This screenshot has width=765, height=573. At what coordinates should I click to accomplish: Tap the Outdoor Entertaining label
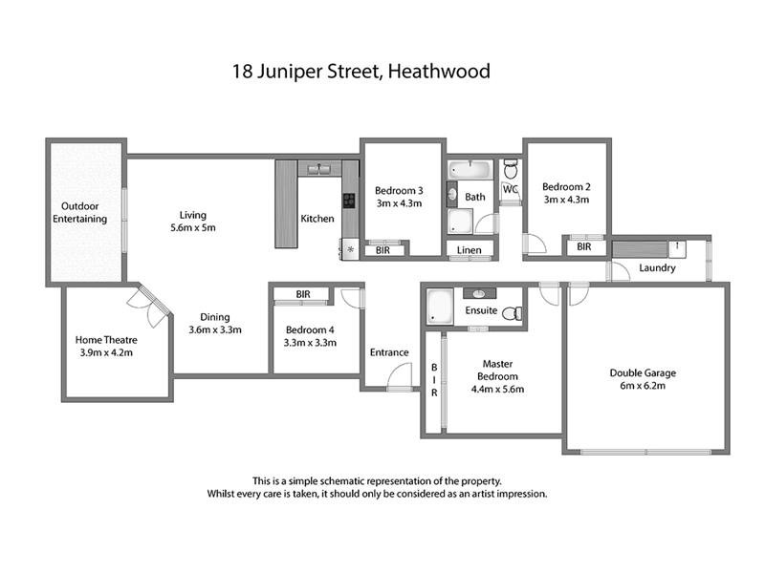click(x=84, y=212)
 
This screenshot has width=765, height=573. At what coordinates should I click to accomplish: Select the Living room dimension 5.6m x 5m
click(x=191, y=228)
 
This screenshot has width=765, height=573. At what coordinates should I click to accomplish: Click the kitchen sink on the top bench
click(x=317, y=169)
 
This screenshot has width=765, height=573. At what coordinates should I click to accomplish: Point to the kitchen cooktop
click(x=349, y=201)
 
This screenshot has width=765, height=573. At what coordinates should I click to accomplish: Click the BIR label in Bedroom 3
click(x=382, y=249)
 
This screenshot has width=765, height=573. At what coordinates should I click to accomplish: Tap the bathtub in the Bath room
click(x=469, y=171)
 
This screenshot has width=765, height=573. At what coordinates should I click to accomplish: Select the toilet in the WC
click(x=511, y=170)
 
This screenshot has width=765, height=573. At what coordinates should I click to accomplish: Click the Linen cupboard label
click(x=470, y=250)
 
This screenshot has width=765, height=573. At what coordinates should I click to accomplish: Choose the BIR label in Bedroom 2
click(x=584, y=246)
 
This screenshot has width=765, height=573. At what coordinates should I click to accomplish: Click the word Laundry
click(x=657, y=268)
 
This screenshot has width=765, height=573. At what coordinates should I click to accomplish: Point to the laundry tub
click(x=677, y=247)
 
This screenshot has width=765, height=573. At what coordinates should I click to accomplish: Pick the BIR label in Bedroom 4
click(x=303, y=294)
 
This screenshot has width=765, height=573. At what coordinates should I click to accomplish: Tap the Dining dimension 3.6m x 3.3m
click(x=214, y=330)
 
